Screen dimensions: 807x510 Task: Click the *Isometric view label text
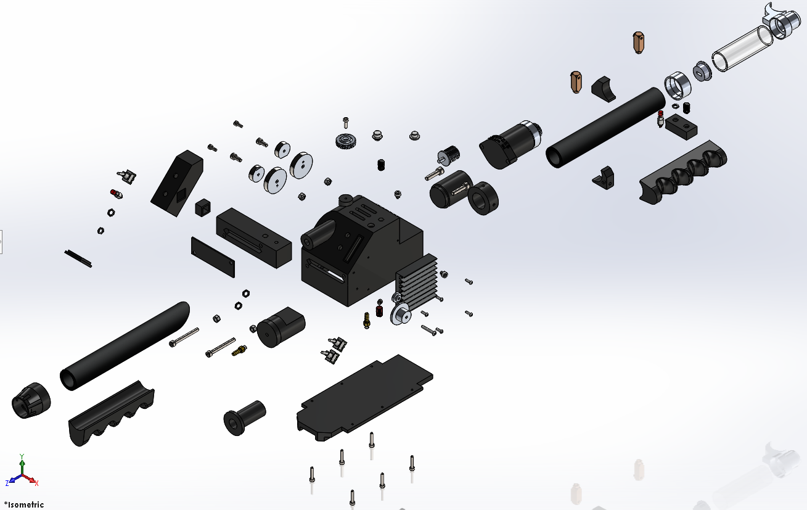click(x=24, y=504)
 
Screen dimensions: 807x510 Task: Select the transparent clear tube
click(x=742, y=49)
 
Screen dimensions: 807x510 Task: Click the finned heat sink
click(x=417, y=282)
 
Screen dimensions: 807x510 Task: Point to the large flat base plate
click(x=365, y=397)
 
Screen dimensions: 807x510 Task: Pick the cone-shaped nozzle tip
click(x=31, y=400)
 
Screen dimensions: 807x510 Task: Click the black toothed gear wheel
click(x=345, y=141)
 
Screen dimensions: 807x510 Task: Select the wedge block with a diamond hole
click(x=177, y=183)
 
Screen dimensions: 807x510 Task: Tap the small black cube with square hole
click(x=203, y=207)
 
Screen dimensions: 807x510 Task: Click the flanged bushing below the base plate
click(x=245, y=417)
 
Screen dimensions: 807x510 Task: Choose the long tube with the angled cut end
click(x=125, y=345)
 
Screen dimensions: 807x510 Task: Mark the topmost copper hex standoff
click(x=639, y=43)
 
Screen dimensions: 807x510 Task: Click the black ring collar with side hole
click(x=483, y=199)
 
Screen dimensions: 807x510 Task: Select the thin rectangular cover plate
click(x=213, y=257)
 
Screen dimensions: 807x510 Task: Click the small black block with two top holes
click(x=681, y=126)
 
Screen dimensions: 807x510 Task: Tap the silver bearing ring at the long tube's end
click(x=678, y=85)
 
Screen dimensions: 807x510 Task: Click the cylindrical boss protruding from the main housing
click(x=318, y=234)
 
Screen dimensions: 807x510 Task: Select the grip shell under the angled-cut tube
click(x=112, y=413)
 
